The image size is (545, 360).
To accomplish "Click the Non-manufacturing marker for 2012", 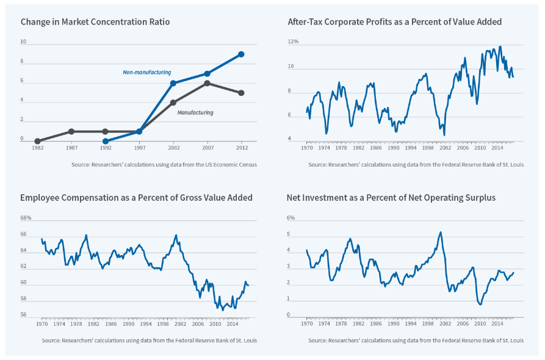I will click(241, 54).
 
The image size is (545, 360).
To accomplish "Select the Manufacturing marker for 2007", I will click(208, 83).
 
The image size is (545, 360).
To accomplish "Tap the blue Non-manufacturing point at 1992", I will click(106, 141).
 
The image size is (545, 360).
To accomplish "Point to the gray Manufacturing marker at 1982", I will click(38, 141).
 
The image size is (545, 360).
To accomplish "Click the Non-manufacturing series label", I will click(146, 73).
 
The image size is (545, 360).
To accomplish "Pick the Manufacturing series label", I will click(195, 113).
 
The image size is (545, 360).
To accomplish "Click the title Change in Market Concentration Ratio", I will click(95, 22).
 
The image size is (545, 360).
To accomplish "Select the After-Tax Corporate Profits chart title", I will click(394, 22).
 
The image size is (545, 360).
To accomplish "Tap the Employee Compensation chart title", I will click(136, 198).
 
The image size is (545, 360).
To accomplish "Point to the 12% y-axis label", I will click(293, 41).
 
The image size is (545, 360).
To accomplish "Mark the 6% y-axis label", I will click(291, 218).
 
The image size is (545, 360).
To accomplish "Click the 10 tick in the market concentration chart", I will click(23, 42).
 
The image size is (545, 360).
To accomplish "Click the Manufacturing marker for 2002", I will click(173, 103).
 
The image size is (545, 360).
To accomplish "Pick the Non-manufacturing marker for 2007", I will click(208, 73).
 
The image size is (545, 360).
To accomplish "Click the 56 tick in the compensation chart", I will click(24, 315).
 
